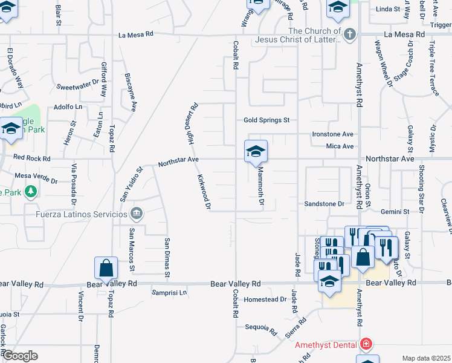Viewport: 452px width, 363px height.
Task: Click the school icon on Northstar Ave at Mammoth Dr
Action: (256, 151)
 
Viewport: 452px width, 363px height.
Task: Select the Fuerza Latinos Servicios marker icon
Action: (137, 213)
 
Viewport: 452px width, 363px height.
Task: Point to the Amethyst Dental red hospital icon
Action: (366, 345)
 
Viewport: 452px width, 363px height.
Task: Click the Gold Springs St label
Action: (267, 120)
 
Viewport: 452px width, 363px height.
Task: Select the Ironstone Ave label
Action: (332, 134)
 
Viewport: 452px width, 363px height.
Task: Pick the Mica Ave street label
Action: (340, 146)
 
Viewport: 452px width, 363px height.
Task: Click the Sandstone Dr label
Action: (324, 204)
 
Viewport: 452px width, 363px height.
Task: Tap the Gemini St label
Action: (395, 212)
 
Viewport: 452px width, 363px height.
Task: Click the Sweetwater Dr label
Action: (77, 87)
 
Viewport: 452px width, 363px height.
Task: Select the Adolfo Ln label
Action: (68, 106)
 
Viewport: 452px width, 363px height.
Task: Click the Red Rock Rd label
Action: (31, 158)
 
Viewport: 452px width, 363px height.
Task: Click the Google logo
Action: (19, 356)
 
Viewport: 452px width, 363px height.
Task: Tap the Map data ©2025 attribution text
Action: (426, 358)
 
